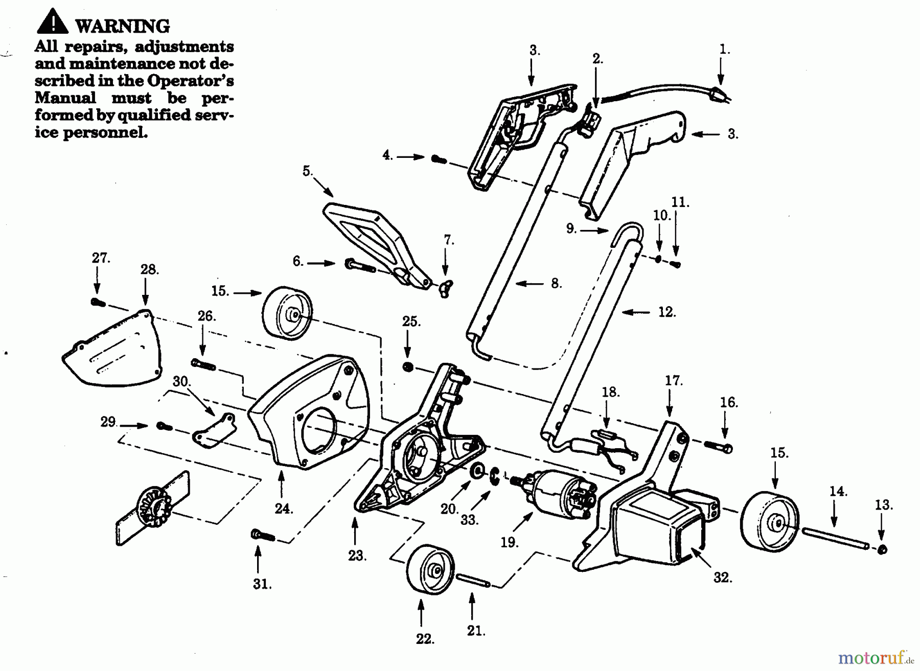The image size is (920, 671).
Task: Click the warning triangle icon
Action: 52,22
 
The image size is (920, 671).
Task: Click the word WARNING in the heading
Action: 122,26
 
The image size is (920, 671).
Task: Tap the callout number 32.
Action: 723,578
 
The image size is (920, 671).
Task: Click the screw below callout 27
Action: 98,303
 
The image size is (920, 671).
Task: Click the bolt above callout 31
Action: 263,536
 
